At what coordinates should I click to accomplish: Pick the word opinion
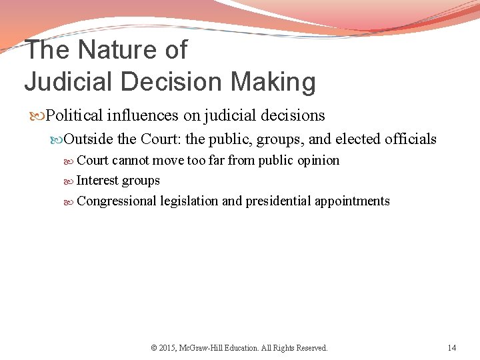click(317, 160)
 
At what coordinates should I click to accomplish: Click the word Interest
click(97, 180)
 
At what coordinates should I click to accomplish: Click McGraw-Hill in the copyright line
click(205, 347)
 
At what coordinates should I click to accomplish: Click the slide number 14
click(452, 347)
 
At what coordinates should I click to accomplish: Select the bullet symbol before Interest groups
click(71, 181)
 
